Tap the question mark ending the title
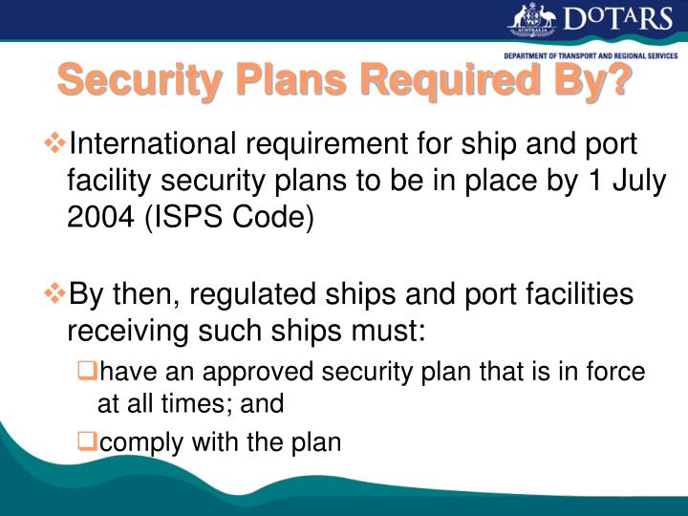618,79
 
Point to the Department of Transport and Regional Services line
591,55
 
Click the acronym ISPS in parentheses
183,217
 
